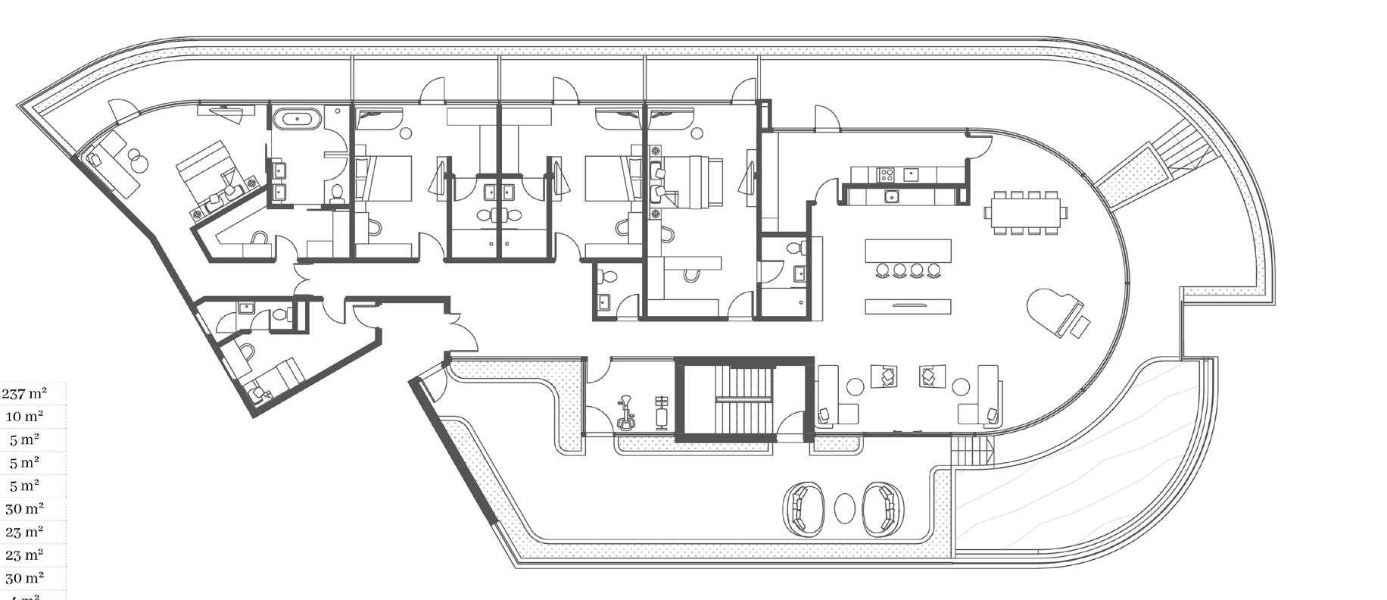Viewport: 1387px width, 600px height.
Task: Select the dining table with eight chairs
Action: [x=1026, y=212]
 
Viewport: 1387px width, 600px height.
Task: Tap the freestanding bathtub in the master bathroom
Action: [x=296, y=119]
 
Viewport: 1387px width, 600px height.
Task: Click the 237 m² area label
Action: [x=24, y=393]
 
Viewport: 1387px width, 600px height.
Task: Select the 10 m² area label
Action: [x=24, y=416]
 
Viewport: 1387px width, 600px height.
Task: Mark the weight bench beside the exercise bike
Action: [x=662, y=413]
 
